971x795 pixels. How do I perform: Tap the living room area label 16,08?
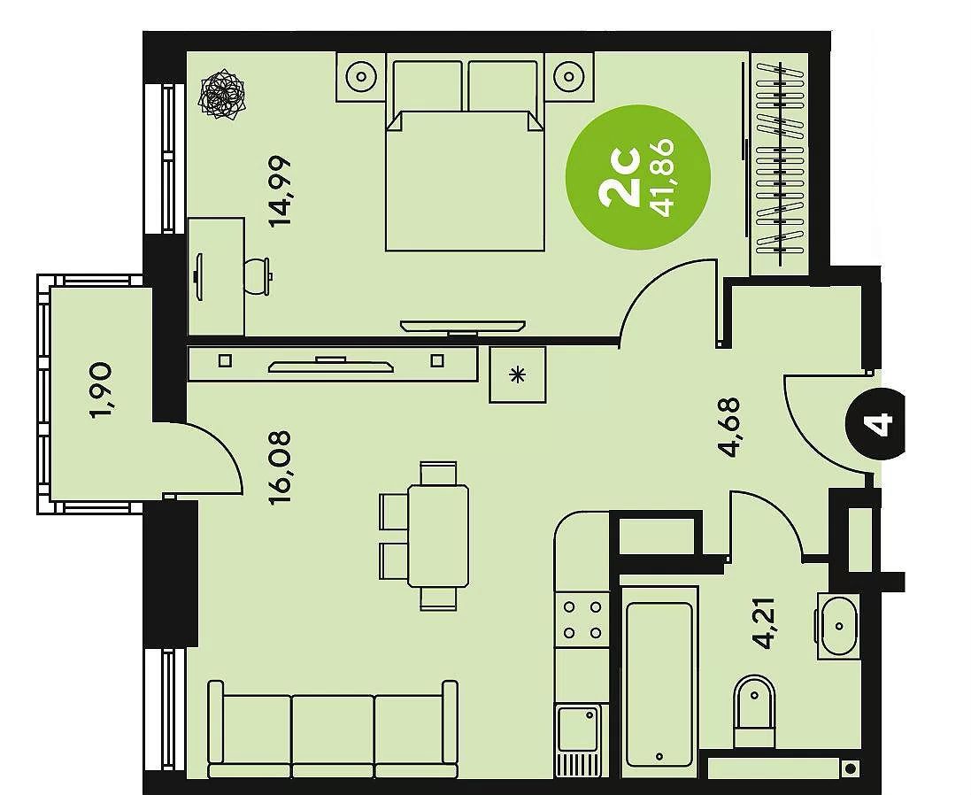(x=281, y=467)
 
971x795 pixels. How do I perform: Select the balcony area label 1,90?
(x=101, y=390)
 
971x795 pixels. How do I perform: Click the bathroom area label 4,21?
(x=764, y=622)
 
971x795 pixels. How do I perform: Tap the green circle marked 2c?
(x=638, y=178)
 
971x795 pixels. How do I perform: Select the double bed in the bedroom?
(x=465, y=151)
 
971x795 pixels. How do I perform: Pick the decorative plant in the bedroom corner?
(x=221, y=95)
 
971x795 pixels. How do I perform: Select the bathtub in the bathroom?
(x=659, y=684)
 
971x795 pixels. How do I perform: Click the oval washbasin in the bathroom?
(x=839, y=626)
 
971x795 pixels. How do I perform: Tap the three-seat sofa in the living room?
(x=333, y=729)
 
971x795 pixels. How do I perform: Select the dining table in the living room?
(x=438, y=536)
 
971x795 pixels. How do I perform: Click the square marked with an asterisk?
(x=518, y=374)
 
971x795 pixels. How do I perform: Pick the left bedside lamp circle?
(x=361, y=77)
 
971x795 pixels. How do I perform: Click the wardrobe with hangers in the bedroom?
(x=779, y=164)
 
